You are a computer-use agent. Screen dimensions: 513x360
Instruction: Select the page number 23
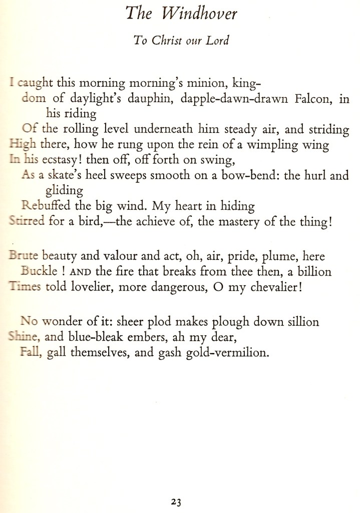click(x=175, y=502)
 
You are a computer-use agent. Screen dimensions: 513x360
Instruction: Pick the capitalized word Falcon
click(x=305, y=99)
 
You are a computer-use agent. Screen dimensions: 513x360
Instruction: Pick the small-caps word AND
click(x=80, y=272)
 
